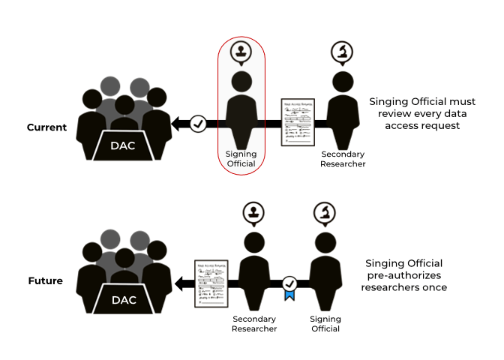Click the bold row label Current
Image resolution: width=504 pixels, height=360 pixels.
tap(46, 127)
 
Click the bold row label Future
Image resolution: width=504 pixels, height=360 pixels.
tap(46, 281)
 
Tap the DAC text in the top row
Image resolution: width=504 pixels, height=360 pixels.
tap(122, 145)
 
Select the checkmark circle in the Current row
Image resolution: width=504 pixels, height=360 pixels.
tap(198, 124)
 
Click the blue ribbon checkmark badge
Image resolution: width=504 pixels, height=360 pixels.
tap(289, 286)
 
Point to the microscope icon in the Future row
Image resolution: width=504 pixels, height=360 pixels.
tap(325, 214)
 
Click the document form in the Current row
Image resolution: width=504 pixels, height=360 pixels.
tap(297, 122)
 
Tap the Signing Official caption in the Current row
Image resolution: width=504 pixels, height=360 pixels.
tap(241, 159)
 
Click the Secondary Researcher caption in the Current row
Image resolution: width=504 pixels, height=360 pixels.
tap(343, 159)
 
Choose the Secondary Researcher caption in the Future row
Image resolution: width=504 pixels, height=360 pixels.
tap(254, 324)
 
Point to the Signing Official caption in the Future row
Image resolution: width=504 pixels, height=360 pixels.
tap(325, 324)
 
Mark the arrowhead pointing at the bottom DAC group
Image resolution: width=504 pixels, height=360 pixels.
tap(179, 283)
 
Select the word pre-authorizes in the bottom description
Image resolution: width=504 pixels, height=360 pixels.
tap(404, 275)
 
